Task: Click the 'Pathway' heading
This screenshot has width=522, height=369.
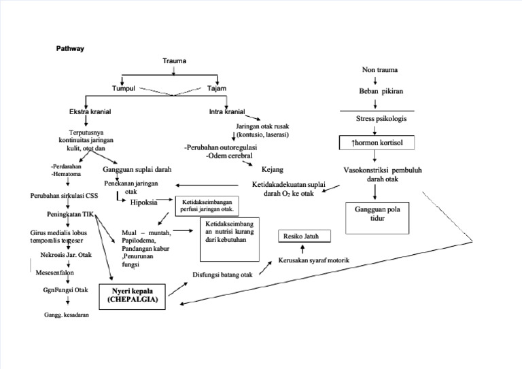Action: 69,49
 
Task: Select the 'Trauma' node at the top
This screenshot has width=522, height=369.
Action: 174,61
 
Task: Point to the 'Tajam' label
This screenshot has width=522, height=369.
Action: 217,88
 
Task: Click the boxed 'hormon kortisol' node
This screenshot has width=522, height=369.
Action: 377,143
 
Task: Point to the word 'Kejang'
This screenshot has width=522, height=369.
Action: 273,169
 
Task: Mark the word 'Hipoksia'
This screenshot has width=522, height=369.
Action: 143,202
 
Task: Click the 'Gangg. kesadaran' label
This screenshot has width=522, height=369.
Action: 67,315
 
